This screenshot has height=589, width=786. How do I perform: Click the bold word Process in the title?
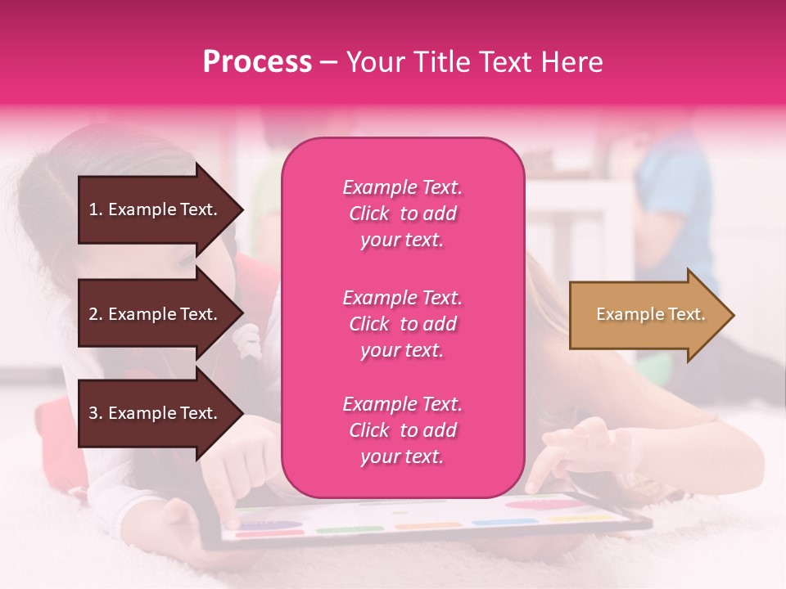257,62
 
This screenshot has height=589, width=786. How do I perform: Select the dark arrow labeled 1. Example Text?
156,209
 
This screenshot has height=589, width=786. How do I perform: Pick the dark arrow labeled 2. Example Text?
156,314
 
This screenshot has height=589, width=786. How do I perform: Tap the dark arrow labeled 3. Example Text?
156,413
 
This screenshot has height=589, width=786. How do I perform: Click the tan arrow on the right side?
647,315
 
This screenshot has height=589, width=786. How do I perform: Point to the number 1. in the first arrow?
96,209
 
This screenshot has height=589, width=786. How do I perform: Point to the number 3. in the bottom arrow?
96,413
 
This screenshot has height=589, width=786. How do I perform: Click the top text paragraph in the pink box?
402,214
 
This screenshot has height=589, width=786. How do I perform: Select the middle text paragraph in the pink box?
402,324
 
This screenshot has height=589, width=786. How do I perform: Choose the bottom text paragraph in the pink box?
402,430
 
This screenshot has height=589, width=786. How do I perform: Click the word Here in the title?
574,62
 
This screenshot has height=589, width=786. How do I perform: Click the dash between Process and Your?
328,62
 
